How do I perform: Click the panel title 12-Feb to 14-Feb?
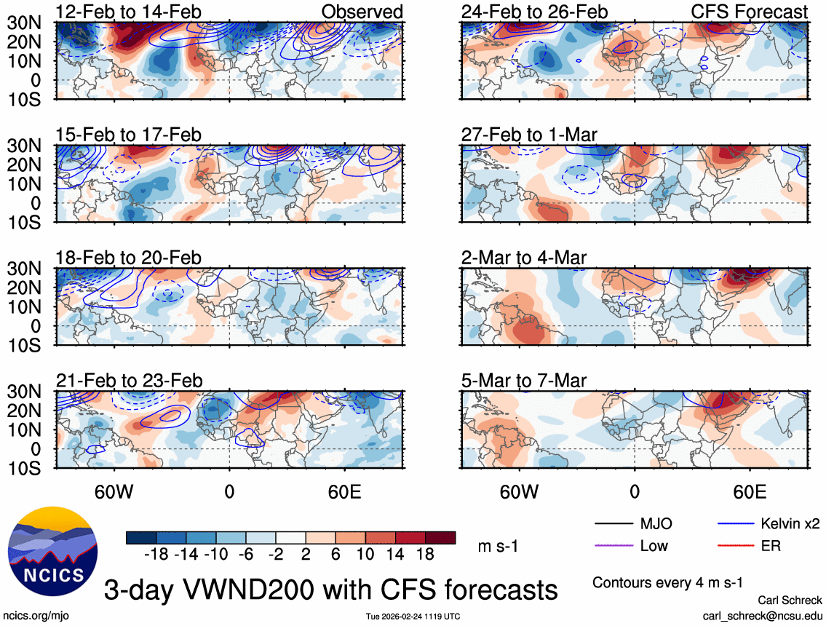129,12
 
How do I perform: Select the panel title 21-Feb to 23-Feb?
129,381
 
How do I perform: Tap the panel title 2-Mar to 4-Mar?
524,258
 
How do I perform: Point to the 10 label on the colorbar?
365,554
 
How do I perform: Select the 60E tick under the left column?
344,491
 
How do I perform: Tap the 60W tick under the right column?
519,491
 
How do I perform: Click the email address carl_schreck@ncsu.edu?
763,615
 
